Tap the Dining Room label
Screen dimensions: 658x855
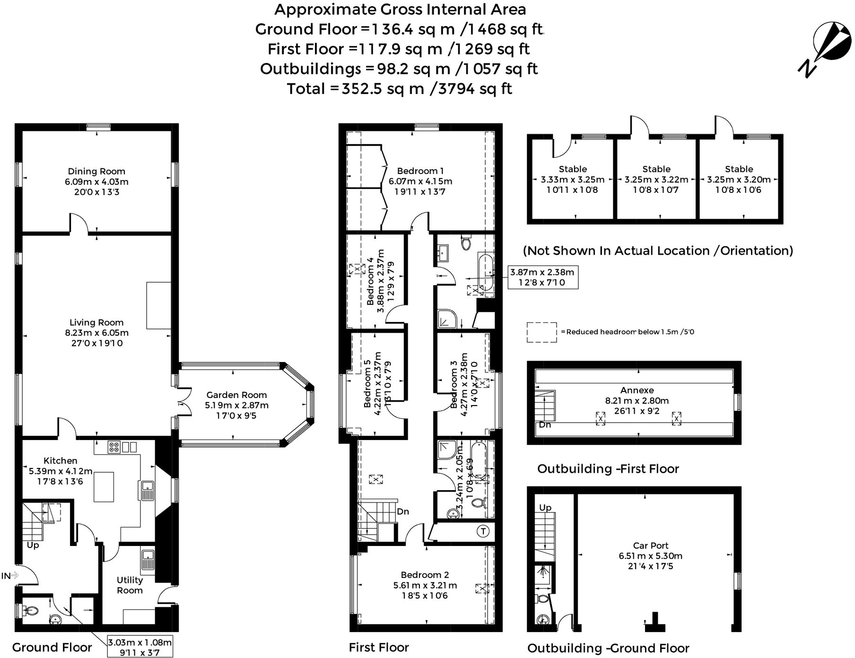pyautogui.click(x=96, y=172)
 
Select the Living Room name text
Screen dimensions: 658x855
pyautogui.click(x=96, y=322)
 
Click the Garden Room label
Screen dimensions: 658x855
pyautogui.click(x=236, y=395)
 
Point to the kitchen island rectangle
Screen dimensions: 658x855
pyautogui.click(x=104, y=487)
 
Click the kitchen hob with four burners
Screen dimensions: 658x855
pyautogui.click(x=114, y=447)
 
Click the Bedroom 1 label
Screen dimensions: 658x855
pyautogui.click(x=420, y=171)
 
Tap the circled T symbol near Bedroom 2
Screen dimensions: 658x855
pyautogui.click(x=483, y=531)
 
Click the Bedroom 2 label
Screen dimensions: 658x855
pyautogui.click(x=424, y=575)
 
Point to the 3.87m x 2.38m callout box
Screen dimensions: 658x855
pyautogui.click(x=542, y=277)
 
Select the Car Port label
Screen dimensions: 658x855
pyautogui.click(x=650, y=545)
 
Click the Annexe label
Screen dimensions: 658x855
pyautogui.click(x=637, y=390)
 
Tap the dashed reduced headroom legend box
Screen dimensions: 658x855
pyautogui.click(x=541, y=332)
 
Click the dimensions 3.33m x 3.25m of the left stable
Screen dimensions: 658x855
pyautogui.click(x=573, y=180)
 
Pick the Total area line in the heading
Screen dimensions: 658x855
pyautogui.click(x=399, y=89)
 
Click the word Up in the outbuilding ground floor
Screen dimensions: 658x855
pyautogui.click(x=545, y=508)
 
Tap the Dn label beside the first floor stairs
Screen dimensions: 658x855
pyautogui.click(x=402, y=511)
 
